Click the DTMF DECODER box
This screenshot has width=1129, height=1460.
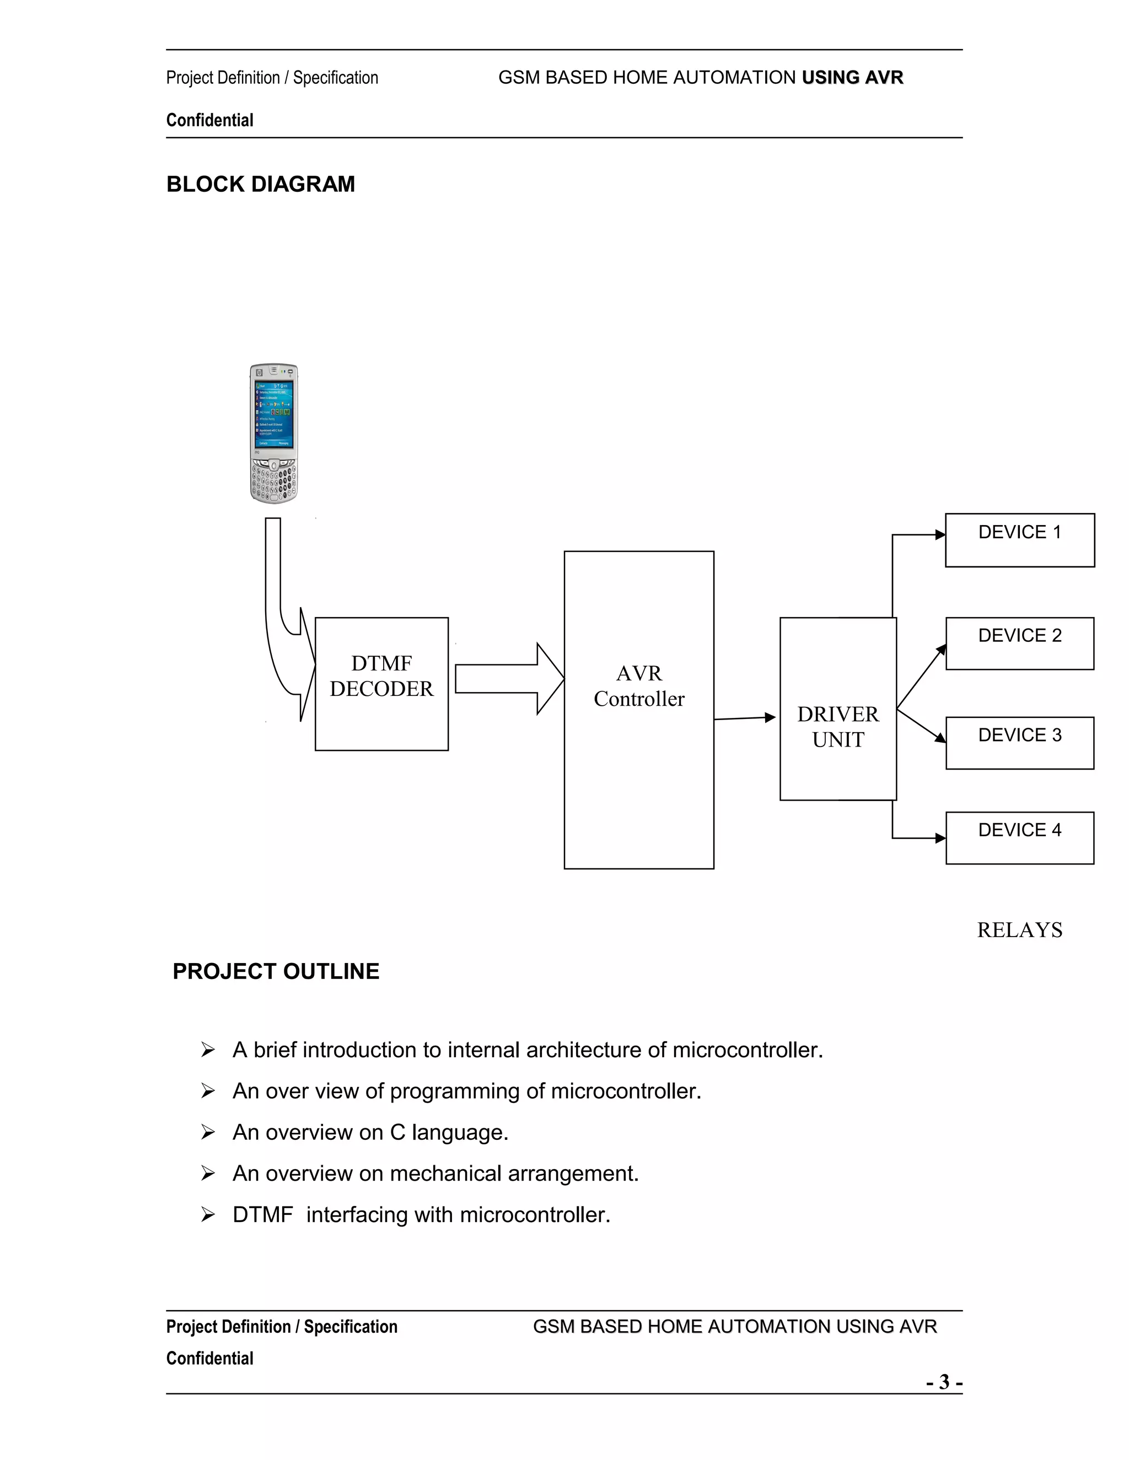pos(381,683)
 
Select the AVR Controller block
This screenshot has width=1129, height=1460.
pos(639,710)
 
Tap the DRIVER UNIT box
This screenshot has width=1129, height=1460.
pos(837,709)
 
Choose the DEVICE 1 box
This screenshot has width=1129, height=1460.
pos(1019,540)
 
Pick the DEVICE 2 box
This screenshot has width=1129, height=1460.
pos(1019,643)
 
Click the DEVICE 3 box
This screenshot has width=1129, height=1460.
pos(1019,743)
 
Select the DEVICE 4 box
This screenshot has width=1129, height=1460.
pos(1019,837)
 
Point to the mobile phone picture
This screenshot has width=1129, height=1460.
pos(273,433)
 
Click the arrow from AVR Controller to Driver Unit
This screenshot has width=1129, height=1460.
pos(744,718)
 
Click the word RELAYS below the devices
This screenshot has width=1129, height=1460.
pos(1019,930)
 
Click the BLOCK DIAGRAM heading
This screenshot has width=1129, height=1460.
pos(260,184)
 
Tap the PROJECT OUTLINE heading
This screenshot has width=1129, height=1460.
pos(276,971)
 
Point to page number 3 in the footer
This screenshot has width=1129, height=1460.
pos(944,1381)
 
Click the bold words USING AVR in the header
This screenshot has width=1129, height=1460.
pos(852,78)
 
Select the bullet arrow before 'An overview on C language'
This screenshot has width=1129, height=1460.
pos(208,1132)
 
